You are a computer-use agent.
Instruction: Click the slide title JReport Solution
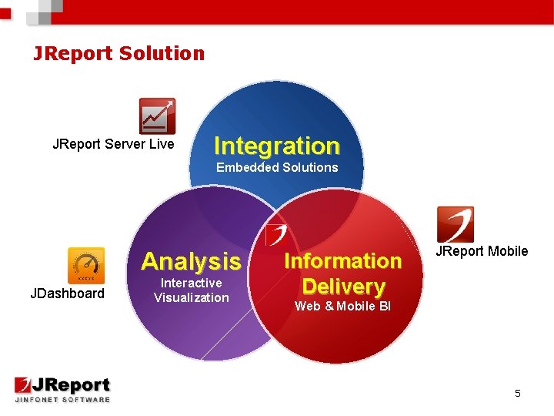pos(118,53)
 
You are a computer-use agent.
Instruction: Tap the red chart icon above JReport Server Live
pos(157,116)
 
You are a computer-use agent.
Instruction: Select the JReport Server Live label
pos(113,144)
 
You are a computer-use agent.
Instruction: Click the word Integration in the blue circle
pos(276,146)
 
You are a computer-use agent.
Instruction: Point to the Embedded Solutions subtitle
pos(277,167)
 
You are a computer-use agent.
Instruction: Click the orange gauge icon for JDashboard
pos(86,266)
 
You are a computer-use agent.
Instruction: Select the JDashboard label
pos(67,293)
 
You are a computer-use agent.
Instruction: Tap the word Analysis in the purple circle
pos(191,261)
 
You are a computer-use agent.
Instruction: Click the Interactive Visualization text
pos(192,290)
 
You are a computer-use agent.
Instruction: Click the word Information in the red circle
pos(343,261)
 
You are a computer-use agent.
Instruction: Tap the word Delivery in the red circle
pos(343,287)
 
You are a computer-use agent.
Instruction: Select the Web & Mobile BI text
pos(343,307)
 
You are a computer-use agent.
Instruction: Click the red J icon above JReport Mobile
pos(455,224)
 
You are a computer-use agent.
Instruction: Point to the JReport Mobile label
pos(482,251)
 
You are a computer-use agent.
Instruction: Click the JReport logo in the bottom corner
pos(62,385)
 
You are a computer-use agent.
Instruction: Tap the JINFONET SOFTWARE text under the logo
pos(62,399)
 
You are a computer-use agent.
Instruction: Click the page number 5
pos(518,394)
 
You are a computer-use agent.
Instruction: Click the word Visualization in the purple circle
pos(192,297)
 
